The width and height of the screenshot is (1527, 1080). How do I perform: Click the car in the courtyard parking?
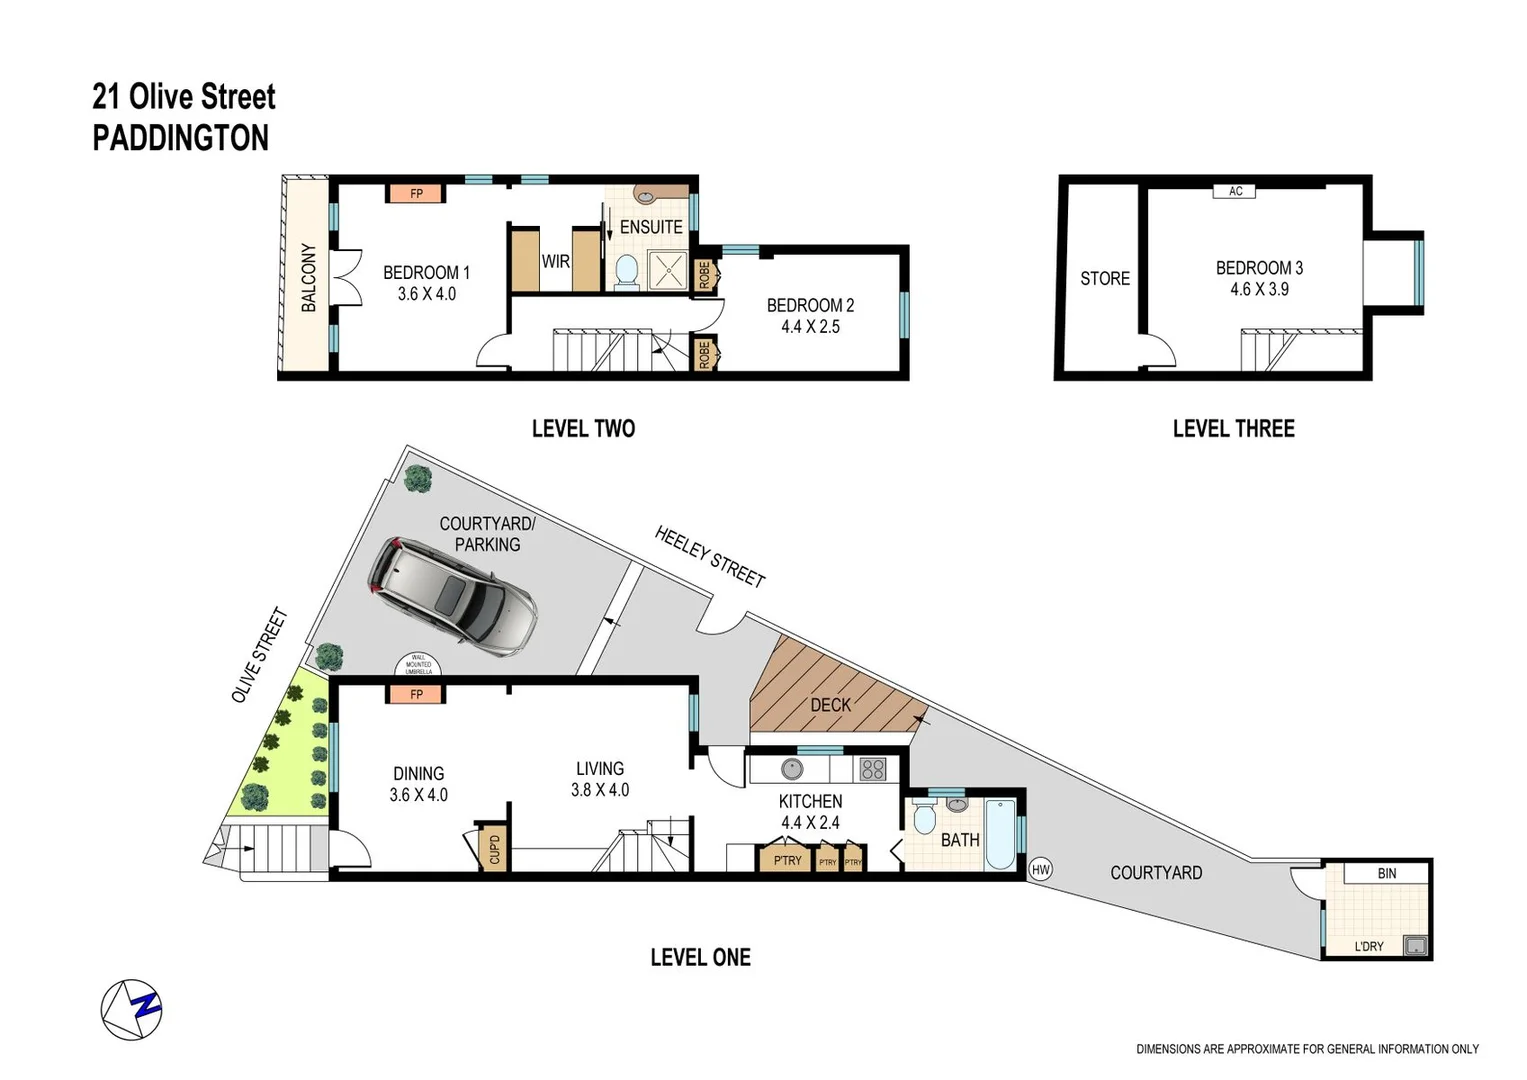[452, 598]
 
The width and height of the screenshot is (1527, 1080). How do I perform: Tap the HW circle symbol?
[1040, 869]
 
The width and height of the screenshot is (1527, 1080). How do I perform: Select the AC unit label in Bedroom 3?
[1235, 191]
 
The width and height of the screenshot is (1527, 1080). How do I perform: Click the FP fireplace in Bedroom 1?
[416, 193]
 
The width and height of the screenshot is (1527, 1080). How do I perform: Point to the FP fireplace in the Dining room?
[416, 694]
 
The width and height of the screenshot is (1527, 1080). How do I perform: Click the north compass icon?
[131, 1009]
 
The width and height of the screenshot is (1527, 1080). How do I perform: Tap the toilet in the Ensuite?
[626, 271]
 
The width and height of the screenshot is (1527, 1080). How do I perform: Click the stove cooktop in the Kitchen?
[872, 769]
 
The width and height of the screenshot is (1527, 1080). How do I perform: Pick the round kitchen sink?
[792, 769]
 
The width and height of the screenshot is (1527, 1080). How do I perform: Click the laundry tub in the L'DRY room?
[1415, 945]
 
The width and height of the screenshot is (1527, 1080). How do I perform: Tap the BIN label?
[1386, 873]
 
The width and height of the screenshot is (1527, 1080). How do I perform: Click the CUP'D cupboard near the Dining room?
[494, 849]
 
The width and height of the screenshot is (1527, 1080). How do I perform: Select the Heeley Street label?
[709, 556]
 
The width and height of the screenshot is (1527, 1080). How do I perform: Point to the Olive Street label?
[259, 655]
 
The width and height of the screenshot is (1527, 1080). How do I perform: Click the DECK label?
[830, 705]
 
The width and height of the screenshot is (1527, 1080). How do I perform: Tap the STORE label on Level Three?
[1104, 279]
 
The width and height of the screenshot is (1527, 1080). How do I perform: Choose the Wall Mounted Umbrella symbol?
[418, 664]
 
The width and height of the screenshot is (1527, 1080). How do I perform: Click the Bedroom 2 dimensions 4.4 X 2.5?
[810, 327]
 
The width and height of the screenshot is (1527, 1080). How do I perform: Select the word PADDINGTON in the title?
[181, 138]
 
